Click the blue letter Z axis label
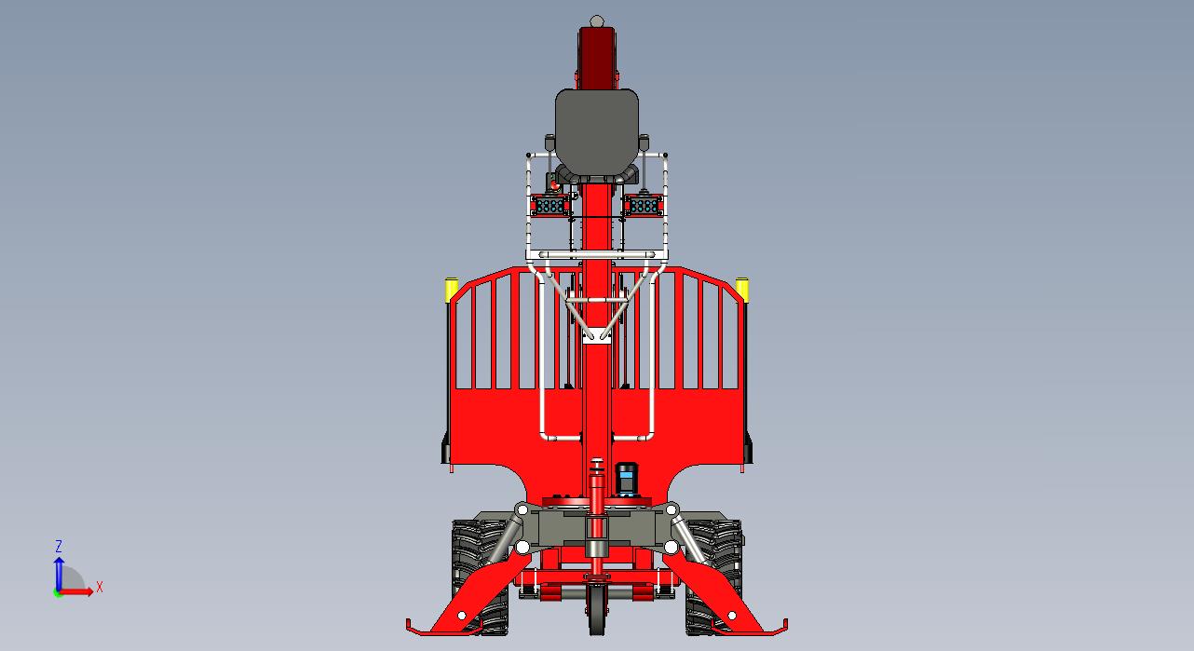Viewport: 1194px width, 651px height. pyautogui.click(x=59, y=546)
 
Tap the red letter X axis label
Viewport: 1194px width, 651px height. pyautogui.click(x=99, y=588)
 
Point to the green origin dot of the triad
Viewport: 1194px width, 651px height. pyautogui.click(x=58, y=593)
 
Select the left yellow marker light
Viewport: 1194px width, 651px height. pyautogui.click(x=452, y=289)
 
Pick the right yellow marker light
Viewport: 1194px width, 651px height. pyautogui.click(x=742, y=288)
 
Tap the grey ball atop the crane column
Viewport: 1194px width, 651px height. pyautogui.click(x=597, y=21)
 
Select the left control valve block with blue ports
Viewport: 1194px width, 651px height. pyautogui.click(x=550, y=206)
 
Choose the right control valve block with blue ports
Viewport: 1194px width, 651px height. pyautogui.click(x=644, y=206)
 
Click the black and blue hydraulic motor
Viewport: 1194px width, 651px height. pyautogui.click(x=626, y=478)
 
